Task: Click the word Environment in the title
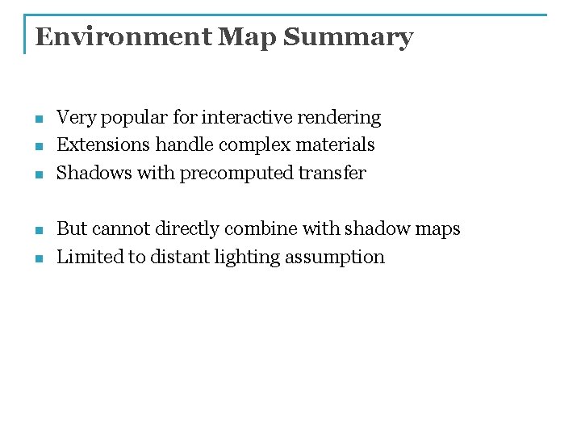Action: pyautogui.click(x=123, y=37)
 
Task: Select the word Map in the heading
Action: pyautogui.click(x=246, y=37)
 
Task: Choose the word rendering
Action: pyautogui.click(x=339, y=118)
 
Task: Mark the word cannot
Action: pyautogui.click(x=120, y=229)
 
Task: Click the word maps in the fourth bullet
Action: pyautogui.click(x=437, y=229)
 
